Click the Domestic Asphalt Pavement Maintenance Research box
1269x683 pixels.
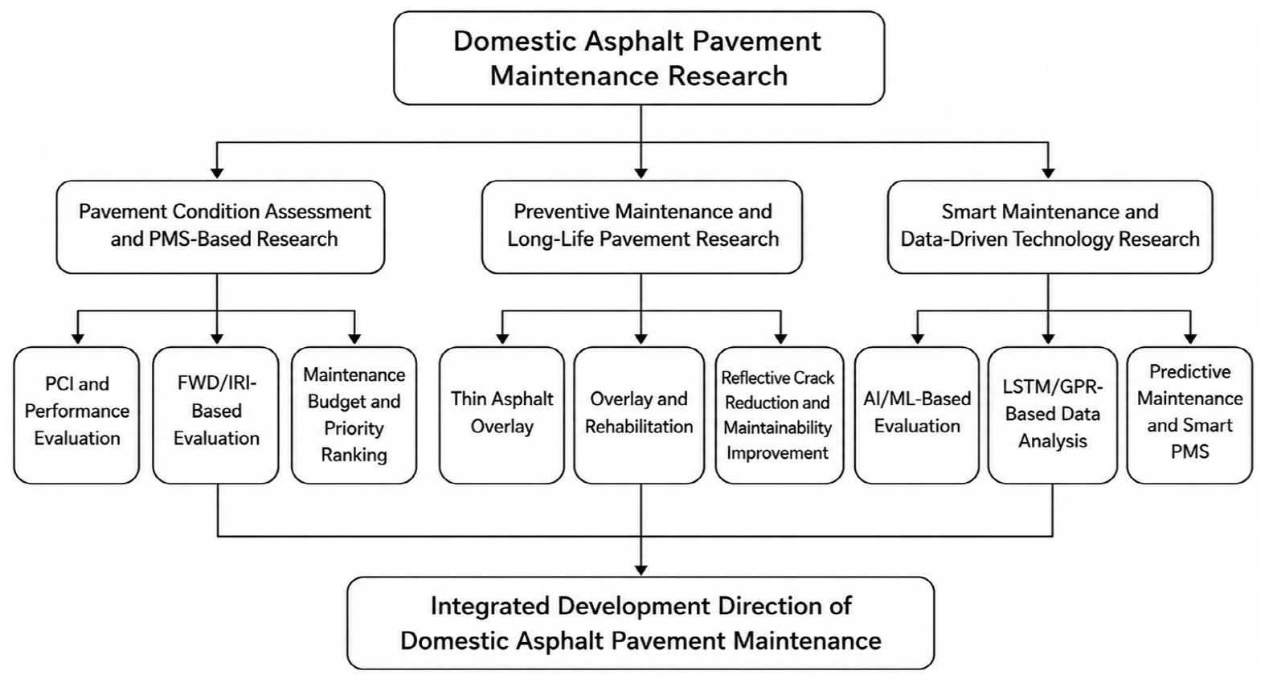tap(639, 58)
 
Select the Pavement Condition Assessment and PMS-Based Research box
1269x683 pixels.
tap(220, 227)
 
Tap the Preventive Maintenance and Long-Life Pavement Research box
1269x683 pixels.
tap(642, 227)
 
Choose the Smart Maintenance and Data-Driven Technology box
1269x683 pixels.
tap(1050, 227)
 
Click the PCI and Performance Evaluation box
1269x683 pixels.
tap(76, 415)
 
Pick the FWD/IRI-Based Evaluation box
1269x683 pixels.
tap(216, 415)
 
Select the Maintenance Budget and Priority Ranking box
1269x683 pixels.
tap(354, 415)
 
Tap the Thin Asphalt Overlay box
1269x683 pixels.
tap(502, 415)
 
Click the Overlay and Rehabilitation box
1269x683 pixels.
tap(639, 415)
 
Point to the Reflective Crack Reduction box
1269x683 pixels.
tap(780, 415)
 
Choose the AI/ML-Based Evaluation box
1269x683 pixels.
tap(917, 415)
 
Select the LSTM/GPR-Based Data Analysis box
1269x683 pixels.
tap(1053, 415)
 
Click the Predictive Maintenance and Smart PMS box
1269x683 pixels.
tap(1189, 415)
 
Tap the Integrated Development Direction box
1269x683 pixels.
tap(641, 623)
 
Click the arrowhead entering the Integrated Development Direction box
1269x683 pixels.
tap(641, 571)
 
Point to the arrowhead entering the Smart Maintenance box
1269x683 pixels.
tap(1048, 173)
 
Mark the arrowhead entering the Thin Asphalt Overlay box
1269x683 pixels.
tap(502, 338)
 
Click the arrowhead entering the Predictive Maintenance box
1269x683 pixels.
tap(1190, 338)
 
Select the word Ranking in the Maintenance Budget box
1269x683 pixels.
tap(354, 456)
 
